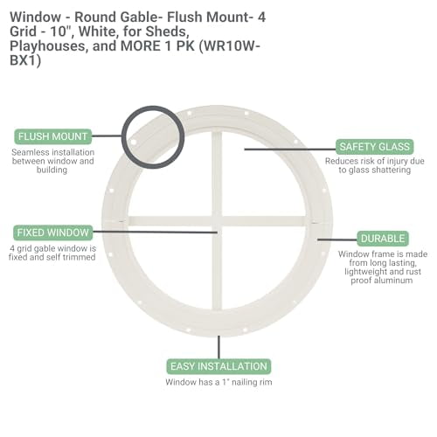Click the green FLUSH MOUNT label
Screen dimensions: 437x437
52,136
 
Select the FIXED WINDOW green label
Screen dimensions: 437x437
52,232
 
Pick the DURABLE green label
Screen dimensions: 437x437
382,238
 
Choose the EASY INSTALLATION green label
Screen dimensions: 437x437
218,366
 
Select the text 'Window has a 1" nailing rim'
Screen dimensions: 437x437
218,382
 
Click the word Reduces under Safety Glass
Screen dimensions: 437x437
343,161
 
